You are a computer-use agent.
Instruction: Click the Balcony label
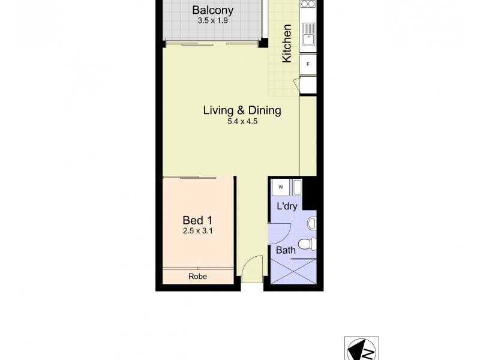coord(212,10)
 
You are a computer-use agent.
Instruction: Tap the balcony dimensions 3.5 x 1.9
coord(212,20)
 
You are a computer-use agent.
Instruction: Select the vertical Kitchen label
coord(287,43)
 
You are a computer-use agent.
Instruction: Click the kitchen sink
coord(308,35)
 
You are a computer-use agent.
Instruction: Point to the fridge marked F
coord(308,64)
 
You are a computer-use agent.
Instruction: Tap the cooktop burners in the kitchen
coord(308,4)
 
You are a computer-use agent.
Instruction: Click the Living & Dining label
coord(242,110)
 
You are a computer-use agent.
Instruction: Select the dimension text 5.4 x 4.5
coord(242,122)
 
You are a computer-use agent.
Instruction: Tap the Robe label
coord(197,277)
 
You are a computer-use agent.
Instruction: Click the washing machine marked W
coord(280,187)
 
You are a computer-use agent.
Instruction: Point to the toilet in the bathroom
coord(307,244)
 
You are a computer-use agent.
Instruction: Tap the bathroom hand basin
coord(311,224)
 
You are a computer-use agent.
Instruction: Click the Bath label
coord(286,250)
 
